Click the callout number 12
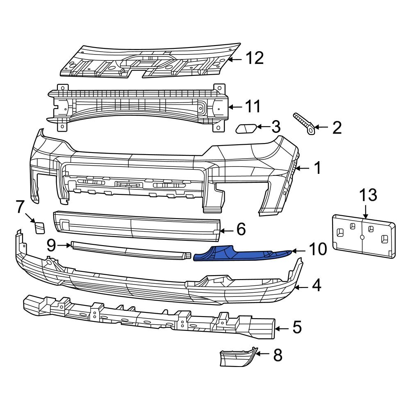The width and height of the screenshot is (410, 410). click(x=254, y=59)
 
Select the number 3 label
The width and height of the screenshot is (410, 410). click(x=276, y=127)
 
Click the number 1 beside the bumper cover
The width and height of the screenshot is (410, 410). click(x=318, y=168)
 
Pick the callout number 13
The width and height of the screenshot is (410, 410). click(x=368, y=195)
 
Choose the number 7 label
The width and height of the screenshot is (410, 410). click(x=20, y=207)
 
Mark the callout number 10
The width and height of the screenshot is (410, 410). click(x=317, y=249)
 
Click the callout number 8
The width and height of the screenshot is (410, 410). click(x=278, y=355)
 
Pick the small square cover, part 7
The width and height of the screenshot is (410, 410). click(x=40, y=228)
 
